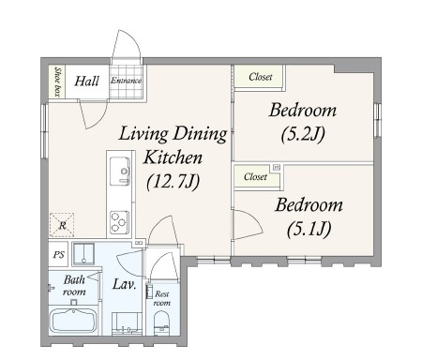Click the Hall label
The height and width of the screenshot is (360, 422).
(x=86, y=81)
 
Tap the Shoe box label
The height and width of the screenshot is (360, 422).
(x=57, y=82)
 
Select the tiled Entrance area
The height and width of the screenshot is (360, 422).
(x=126, y=82)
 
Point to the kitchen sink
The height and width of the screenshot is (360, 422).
(x=120, y=172)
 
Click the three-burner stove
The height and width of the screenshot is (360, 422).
(x=119, y=222)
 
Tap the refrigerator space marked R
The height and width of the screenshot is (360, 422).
(x=62, y=225)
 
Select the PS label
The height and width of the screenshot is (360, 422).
(x=58, y=255)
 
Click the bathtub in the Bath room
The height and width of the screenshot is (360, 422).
(x=73, y=321)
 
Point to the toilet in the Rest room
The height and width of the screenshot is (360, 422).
(x=161, y=323)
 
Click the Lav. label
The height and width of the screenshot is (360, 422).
(x=124, y=284)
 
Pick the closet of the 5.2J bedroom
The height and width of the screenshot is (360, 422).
(x=259, y=77)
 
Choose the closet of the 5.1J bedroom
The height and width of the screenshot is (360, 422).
(x=257, y=177)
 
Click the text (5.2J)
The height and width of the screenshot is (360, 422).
(x=303, y=134)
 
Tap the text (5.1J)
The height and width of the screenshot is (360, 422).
(x=309, y=230)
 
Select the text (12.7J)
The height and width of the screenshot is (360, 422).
(x=173, y=181)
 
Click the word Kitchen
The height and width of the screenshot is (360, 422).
(x=173, y=157)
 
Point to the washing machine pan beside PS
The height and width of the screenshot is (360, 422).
(x=83, y=254)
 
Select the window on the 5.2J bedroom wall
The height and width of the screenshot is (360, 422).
(x=377, y=120)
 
